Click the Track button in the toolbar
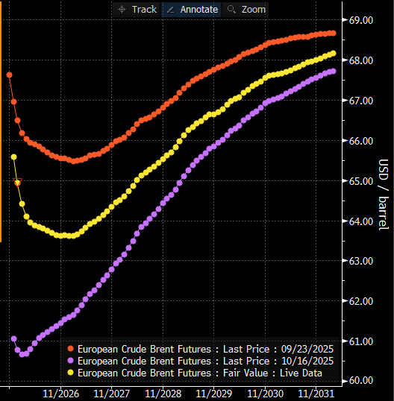point(137,10)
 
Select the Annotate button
point(192,10)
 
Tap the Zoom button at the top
point(246,10)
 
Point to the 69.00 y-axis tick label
point(361,20)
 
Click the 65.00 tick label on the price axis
point(361,181)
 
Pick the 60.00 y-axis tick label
point(361,381)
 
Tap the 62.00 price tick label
point(361,301)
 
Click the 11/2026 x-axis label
point(60,394)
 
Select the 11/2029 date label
point(214,394)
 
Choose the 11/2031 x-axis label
point(316,394)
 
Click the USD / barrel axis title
point(384,195)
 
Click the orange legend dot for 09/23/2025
point(70,349)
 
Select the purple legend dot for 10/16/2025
point(70,361)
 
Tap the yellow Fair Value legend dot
point(70,373)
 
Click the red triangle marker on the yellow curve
point(17,182)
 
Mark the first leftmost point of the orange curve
point(9,75)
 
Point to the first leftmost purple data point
point(14,339)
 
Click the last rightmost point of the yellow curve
point(334,54)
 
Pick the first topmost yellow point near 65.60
point(14,157)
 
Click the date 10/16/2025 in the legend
point(307,361)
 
